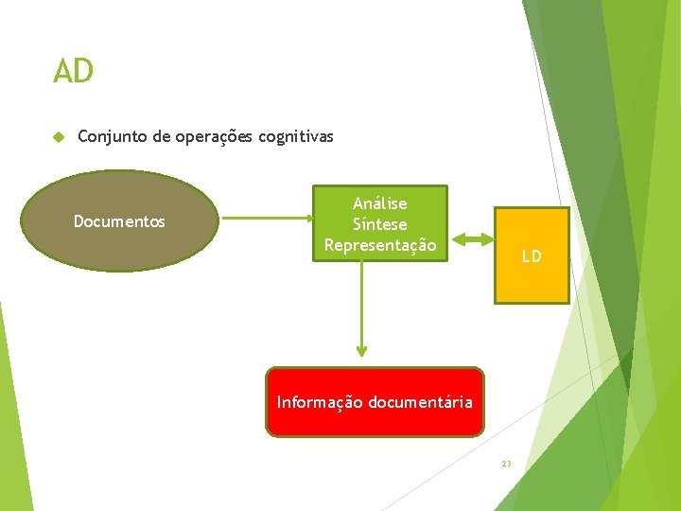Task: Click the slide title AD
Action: [73, 71]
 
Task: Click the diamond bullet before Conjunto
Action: [58, 137]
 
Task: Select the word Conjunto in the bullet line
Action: [109, 137]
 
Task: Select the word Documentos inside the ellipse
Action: [119, 221]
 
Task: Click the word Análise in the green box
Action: [380, 203]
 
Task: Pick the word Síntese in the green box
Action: [380, 224]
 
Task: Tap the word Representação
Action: [380, 245]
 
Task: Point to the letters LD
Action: [532, 256]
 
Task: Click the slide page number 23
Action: [506, 464]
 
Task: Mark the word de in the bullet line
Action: [158, 137]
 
